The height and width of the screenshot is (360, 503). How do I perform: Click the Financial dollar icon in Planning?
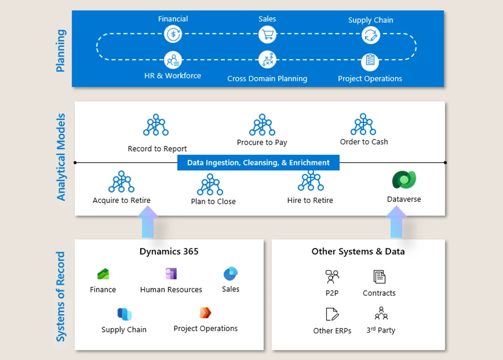click(x=173, y=35)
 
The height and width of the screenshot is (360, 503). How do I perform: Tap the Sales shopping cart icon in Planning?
click(x=267, y=35)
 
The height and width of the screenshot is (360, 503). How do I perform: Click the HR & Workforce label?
click(x=173, y=75)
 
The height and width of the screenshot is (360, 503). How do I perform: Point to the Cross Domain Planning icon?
click(x=267, y=59)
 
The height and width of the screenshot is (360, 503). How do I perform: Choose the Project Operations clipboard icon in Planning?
click(x=370, y=60)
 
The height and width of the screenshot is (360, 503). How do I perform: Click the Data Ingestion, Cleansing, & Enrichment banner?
click(x=258, y=163)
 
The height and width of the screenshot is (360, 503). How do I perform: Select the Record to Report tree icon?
click(x=156, y=126)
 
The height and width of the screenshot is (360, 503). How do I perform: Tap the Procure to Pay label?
click(x=262, y=143)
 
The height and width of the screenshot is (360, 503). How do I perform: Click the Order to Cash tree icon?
click(x=363, y=124)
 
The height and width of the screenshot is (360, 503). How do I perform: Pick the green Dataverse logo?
click(x=404, y=180)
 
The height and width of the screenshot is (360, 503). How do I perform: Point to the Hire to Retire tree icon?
click(x=310, y=182)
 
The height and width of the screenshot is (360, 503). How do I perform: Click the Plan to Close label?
click(x=213, y=201)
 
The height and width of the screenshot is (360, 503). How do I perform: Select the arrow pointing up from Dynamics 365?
click(x=148, y=222)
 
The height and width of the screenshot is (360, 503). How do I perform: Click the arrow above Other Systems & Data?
click(x=396, y=222)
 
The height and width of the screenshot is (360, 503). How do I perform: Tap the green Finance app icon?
click(x=103, y=274)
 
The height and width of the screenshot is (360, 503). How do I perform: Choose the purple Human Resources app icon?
click(x=171, y=274)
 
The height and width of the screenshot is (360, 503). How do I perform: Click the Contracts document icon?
click(x=379, y=277)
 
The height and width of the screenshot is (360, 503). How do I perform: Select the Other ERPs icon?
click(x=332, y=314)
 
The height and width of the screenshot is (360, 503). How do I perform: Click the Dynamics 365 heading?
click(x=169, y=252)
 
